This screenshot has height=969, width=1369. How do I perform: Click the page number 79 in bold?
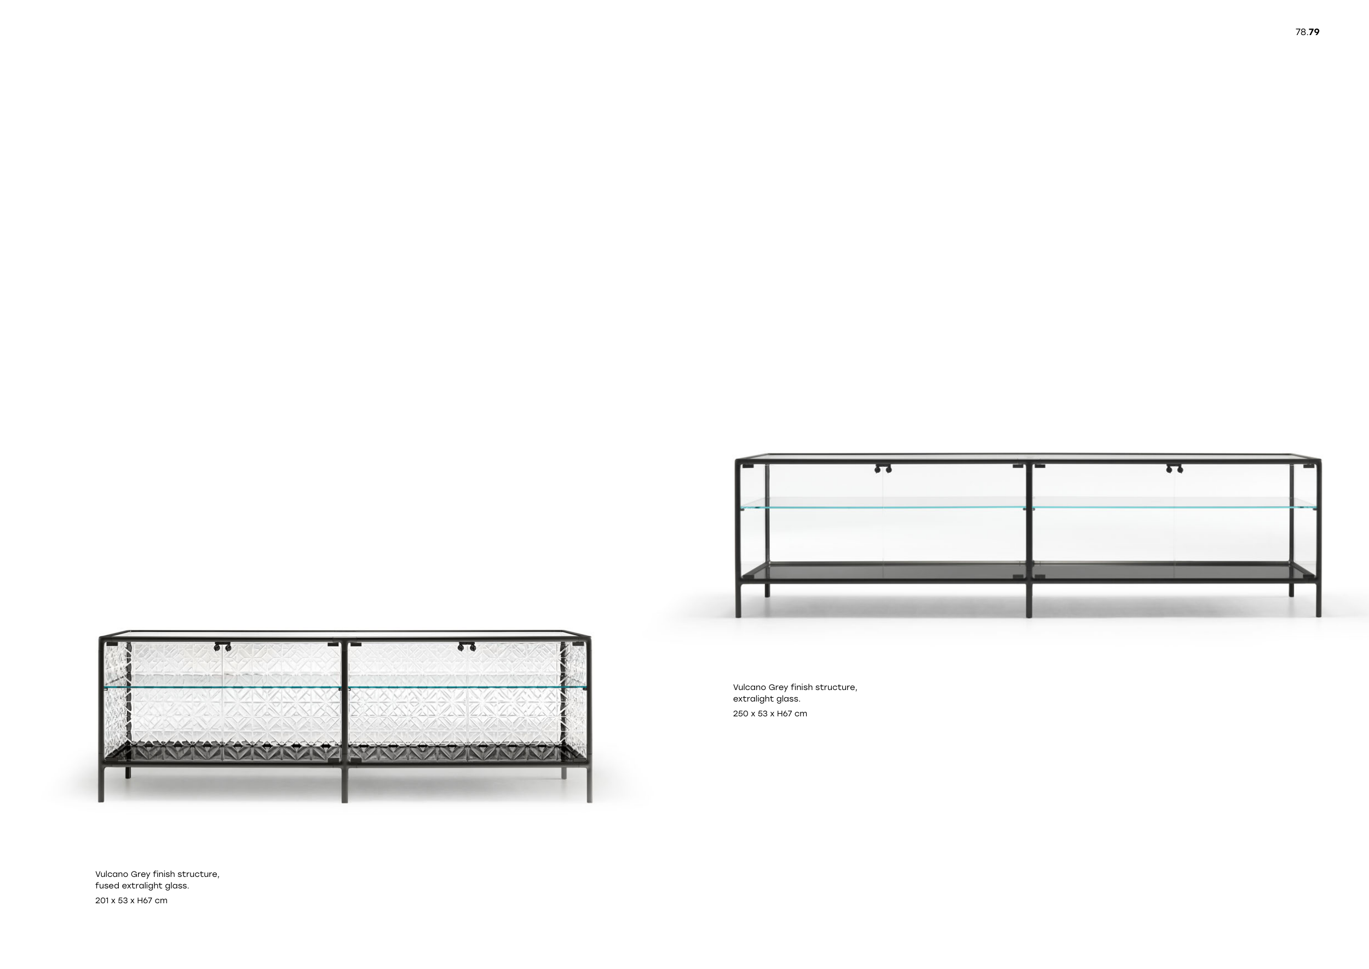pos(1314,32)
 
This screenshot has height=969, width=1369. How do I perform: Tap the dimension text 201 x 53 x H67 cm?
pos(131,900)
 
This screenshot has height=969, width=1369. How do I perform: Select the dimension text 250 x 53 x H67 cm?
pos(770,714)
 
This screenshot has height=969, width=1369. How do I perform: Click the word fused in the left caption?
pos(107,886)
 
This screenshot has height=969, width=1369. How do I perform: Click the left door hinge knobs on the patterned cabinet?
pos(222,647)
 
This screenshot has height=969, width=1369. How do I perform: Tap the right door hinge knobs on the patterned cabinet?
pos(466,647)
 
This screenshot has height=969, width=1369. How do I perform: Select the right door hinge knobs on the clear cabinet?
pos(1175,469)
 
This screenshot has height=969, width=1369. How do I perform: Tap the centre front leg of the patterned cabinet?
pos(344,784)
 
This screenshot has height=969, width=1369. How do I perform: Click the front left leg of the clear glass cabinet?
pos(738,600)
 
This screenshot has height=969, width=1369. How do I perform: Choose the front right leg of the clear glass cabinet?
pos(1318,600)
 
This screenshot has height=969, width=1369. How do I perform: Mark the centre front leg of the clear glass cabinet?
pos(1028,600)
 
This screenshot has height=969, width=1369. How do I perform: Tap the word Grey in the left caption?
pos(140,874)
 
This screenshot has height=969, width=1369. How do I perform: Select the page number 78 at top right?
pos(1301,32)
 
